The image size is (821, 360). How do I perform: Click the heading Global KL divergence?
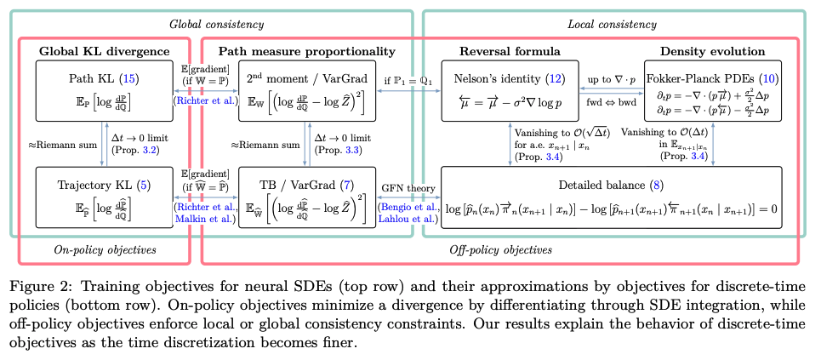[104, 52]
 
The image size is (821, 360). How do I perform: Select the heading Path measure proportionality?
[307, 52]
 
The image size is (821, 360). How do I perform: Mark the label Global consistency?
[216, 24]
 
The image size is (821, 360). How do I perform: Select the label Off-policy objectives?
[500, 249]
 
